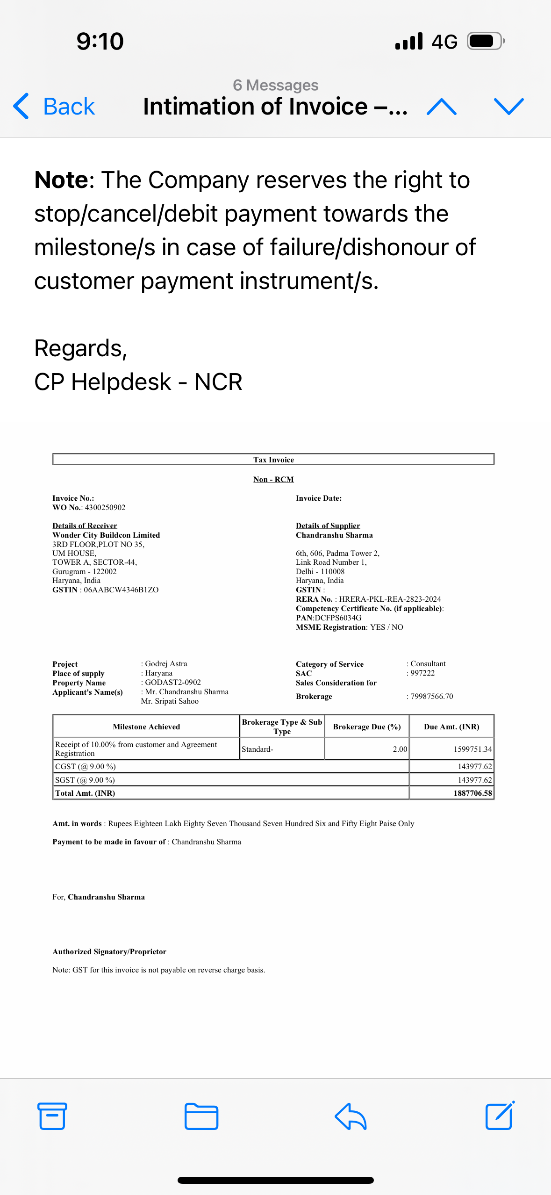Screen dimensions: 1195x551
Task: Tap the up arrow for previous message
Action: click(x=442, y=107)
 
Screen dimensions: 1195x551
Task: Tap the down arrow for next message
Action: click(x=508, y=107)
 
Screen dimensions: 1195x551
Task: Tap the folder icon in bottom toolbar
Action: click(x=201, y=1116)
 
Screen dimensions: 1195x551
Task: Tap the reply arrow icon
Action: click(x=351, y=1116)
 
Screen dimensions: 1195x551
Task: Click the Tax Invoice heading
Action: click(x=273, y=460)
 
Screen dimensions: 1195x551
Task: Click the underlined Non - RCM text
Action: click(x=273, y=479)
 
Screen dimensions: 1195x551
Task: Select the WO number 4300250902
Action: click(x=105, y=507)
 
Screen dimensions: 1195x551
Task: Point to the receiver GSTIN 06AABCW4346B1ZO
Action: click(x=121, y=590)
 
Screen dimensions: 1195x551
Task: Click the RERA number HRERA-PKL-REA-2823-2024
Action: click(x=390, y=599)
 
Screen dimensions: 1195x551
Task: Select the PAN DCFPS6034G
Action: click(x=338, y=618)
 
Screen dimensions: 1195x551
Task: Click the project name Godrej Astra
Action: click(x=166, y=664)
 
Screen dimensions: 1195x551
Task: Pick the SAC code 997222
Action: click(x=422, y=673)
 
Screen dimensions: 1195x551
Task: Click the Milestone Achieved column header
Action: click(x=146, y=727)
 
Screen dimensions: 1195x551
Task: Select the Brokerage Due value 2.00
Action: click(x=400, y=749)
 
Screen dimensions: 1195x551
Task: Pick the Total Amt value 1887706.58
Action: click(x=472, y=793)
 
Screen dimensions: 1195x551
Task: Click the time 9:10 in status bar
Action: click(x=100, y=41)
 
